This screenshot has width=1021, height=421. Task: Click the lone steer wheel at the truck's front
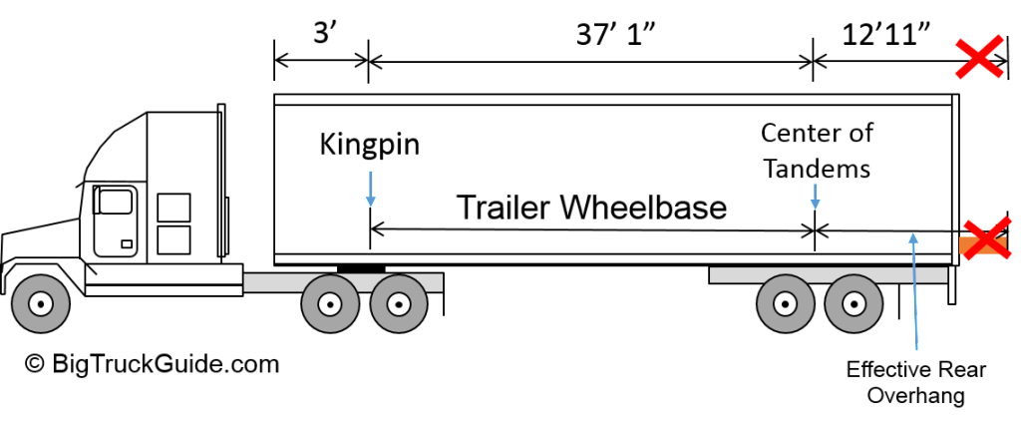point(41,302)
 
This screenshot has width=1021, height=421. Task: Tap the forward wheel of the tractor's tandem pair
point(330,303)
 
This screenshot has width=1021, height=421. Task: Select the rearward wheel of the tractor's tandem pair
point(399,303)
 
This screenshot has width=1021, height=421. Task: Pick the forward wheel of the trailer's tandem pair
point(785,303)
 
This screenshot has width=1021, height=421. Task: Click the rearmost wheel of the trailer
point(851,303)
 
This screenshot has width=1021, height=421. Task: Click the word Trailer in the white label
point(503,208)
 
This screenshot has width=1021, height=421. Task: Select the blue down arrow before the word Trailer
point(371,189)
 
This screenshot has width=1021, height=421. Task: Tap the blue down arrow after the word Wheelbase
point(815,196)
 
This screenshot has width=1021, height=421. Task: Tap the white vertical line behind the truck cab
point(220,180)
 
